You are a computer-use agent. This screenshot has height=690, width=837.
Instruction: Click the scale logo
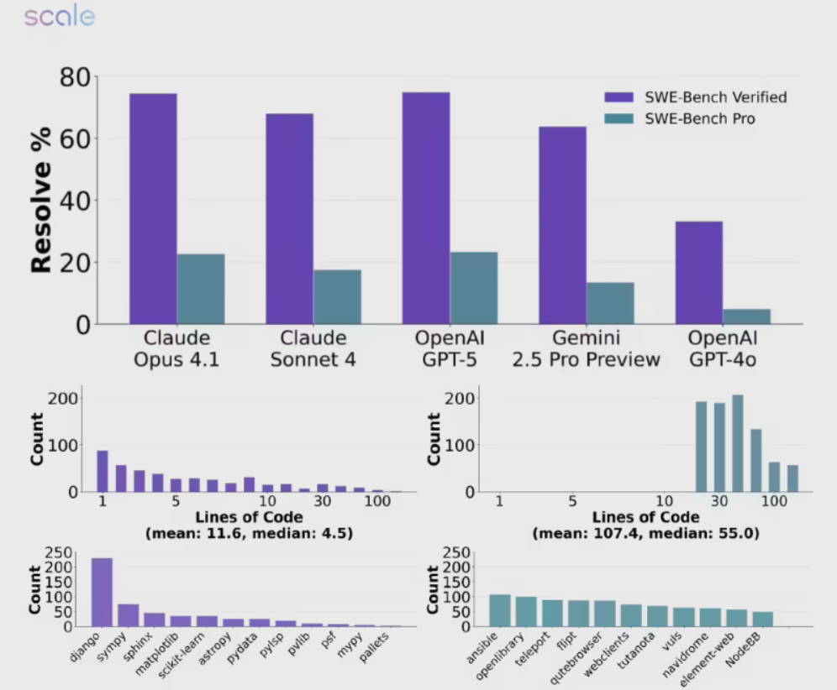[59, 17]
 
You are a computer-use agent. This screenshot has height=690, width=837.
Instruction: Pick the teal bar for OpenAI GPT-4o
[746, 316]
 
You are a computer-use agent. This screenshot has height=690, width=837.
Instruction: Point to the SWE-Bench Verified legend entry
[695, 97]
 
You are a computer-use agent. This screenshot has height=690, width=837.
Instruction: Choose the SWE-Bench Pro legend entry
[679, 119]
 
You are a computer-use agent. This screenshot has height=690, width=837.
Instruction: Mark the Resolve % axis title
[42, 200]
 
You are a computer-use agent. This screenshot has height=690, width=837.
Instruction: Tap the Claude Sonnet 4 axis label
[313, 349]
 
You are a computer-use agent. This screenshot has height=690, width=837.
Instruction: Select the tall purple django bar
[102, 592]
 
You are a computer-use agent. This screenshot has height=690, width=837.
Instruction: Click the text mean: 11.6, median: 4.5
[250, 532]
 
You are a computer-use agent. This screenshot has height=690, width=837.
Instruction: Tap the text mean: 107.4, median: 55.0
[645, 532]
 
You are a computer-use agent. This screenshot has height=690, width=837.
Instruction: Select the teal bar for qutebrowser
[604, 613]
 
